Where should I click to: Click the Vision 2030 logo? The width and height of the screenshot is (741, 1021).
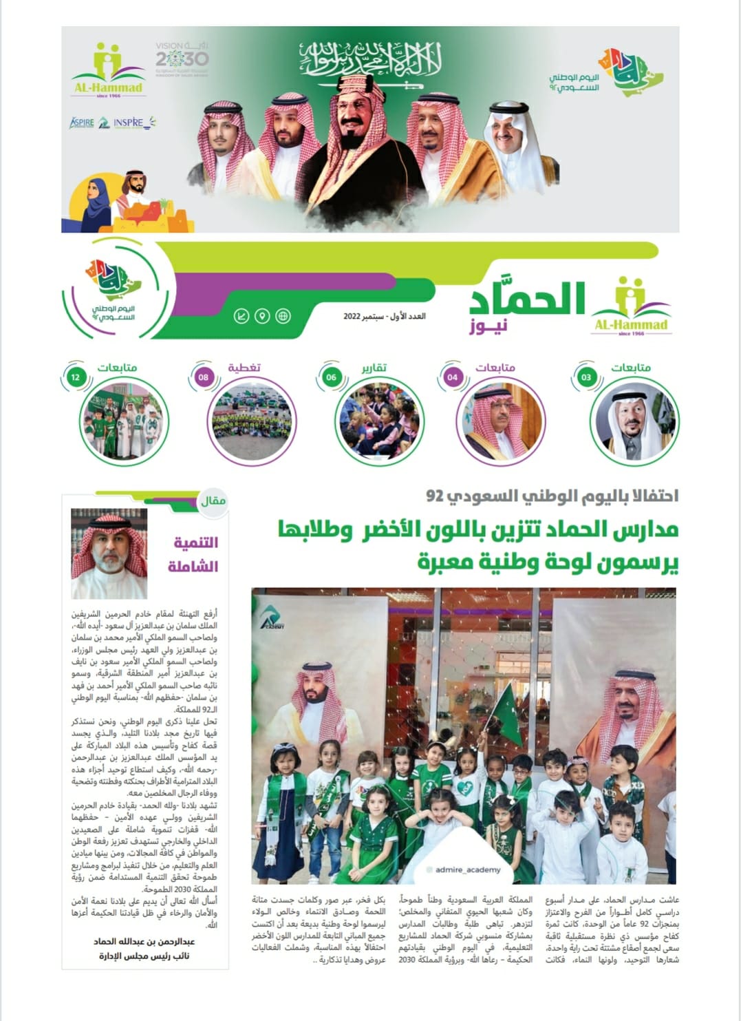point(182,59)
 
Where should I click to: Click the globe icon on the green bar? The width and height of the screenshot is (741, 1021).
point(283,316)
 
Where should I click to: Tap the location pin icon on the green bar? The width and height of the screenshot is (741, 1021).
point(261,316)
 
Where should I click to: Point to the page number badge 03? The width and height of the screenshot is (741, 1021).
point(586,377)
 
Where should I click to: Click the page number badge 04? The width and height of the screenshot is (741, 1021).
point(452,377)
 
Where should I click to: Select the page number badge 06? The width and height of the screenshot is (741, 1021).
point(332,377)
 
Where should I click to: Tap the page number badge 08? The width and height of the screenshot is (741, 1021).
point(203,377)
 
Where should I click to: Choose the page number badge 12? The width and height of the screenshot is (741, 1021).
point(76,377)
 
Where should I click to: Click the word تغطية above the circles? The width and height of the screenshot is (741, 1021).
point(244,368)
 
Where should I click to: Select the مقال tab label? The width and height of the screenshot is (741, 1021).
point(213,501)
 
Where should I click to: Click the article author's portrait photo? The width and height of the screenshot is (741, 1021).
point(109,552)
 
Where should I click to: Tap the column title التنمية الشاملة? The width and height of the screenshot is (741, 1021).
point(194,554)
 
